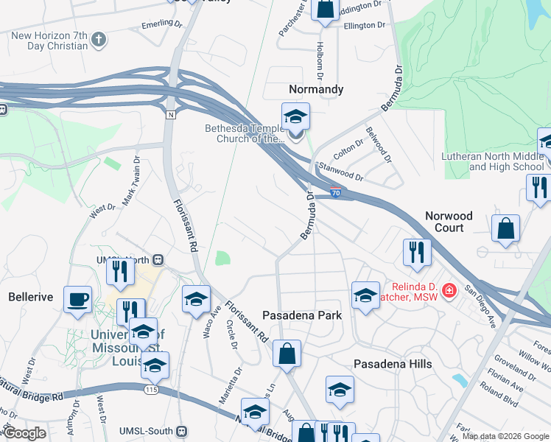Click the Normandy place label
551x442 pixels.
click(x=315, y=89)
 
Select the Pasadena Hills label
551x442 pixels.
click(x=393, y=364)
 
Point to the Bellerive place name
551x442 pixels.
click(x=30, y=297)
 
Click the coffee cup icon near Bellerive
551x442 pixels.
click(x=77, y=300)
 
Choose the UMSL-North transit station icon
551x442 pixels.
click(x=158, y=260)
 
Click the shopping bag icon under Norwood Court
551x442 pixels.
click(x=506, y=229)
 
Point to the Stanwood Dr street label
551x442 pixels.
click(x=339, y=172)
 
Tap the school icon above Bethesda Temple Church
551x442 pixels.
click(x=295, y=116)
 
